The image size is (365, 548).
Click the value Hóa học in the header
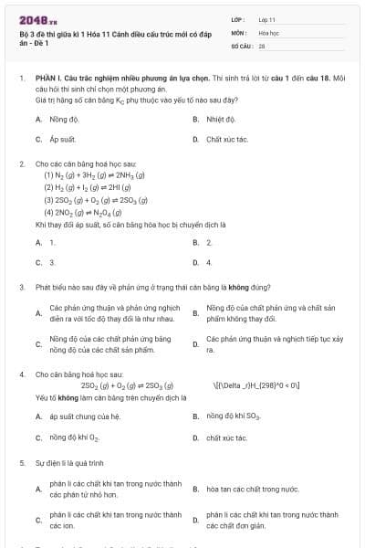(x=268, y=32)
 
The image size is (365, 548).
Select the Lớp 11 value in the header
(x=266, y=19)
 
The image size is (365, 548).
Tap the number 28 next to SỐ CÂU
(x=262, y=45)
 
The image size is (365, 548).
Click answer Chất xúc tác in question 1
(x=226, y=140)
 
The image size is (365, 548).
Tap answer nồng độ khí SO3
(x=233, y=416)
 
